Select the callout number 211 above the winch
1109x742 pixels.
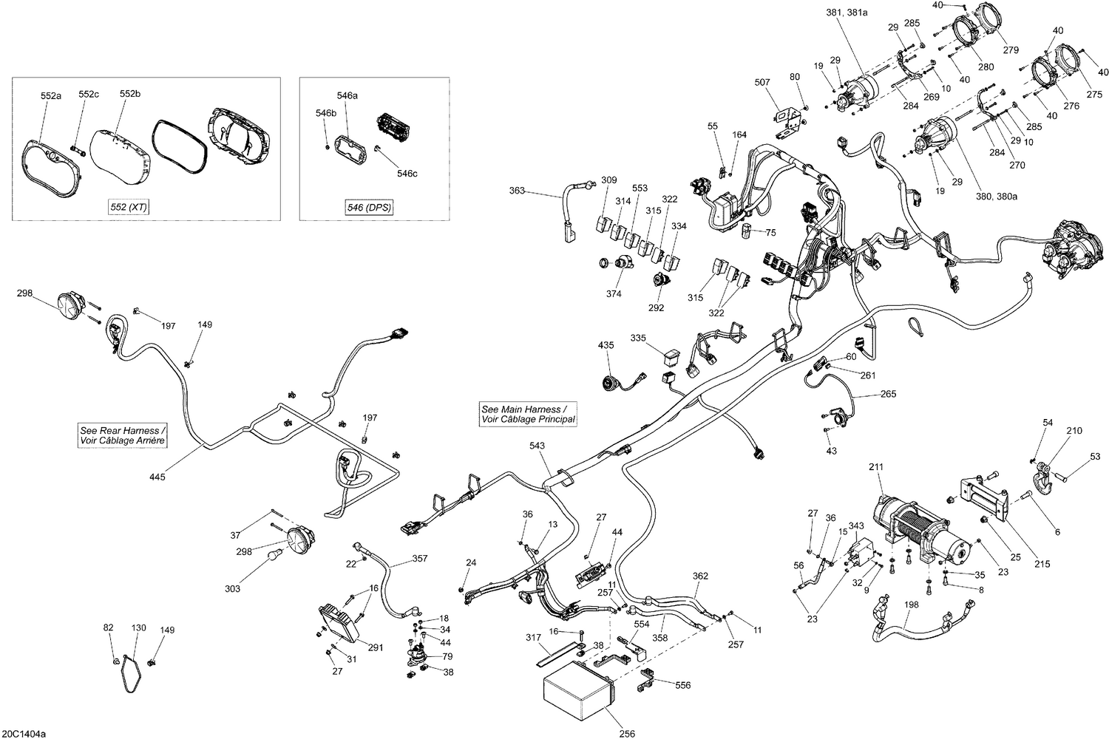[876, 466]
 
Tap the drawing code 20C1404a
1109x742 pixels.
[23, 734]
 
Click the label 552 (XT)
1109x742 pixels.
[127, 208]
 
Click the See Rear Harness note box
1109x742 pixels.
[123, 435]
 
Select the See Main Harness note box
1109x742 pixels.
[528, 414]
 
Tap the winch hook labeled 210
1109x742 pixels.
[1044, 474]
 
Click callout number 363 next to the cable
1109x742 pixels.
[517, 191]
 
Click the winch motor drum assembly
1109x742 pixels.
[917, 531]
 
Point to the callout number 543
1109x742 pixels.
[537, 446]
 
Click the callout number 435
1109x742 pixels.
[606, 345]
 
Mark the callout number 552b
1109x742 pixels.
[129, 94]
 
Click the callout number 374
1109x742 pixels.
[614, 293]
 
